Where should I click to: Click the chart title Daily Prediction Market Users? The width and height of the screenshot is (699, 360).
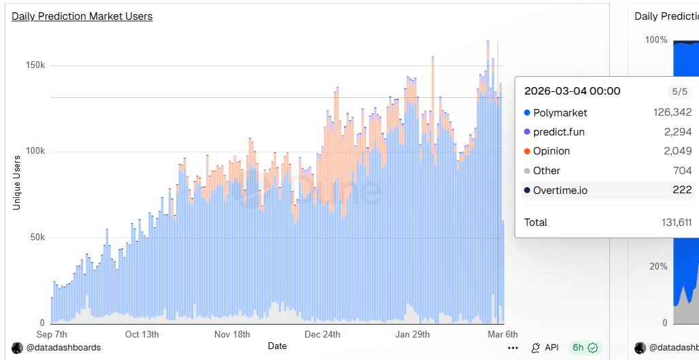click(x=82, y=16)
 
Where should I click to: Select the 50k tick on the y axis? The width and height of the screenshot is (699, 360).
click(x=37, y=237)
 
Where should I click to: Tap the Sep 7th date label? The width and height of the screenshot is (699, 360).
click(x=52, y=334)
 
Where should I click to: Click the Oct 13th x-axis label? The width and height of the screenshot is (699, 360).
click(x=142, y=334)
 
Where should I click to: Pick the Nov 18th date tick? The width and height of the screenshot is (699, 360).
click(x=231, y=334)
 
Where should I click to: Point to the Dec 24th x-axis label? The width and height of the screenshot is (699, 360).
click(x=322, y=334)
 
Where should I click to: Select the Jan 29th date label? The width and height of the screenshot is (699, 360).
click(x=412, y=334)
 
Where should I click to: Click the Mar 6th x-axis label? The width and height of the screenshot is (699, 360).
click(x=502, y=334)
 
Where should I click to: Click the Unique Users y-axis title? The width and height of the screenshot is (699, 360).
click(x=17, y=182)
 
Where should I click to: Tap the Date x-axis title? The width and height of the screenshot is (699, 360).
click(x=277, y=346)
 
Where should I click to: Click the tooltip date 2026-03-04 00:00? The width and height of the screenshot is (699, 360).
click(x=572, y=91)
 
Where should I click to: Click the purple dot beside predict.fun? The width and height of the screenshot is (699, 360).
click(x=527, y=132)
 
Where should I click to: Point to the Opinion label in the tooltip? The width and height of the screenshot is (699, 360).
click(x=551, y=151)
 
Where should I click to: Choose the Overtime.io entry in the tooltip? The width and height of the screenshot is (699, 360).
click(x=560, y=190)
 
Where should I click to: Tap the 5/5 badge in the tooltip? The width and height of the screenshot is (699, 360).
click(x=680, y=91)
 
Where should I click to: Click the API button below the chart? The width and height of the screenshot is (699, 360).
click(x=544, y=347)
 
